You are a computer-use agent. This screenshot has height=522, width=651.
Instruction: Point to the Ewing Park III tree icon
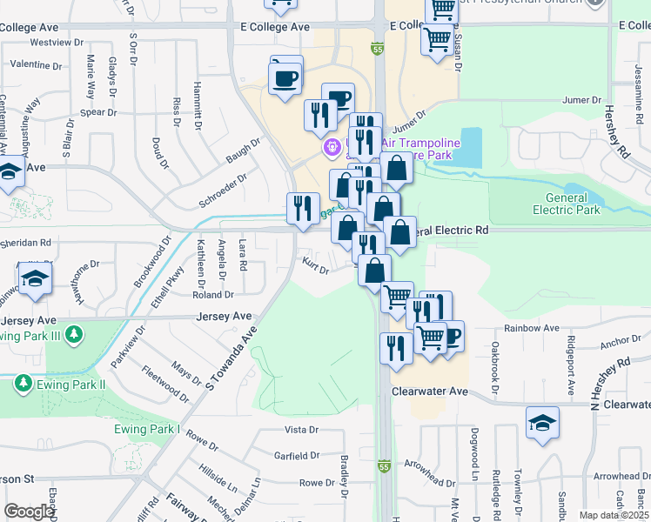[x=75, y=334]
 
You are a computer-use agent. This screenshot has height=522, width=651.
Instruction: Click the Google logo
[x=29, y=512]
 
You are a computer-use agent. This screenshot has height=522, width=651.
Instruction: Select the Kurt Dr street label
[x=314, y=264]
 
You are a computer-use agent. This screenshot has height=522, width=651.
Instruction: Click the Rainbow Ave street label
[x=532, y=328]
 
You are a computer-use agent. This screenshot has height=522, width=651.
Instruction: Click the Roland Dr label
[x=211, y=294]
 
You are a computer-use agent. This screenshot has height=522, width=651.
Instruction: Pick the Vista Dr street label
[x=302, y=430]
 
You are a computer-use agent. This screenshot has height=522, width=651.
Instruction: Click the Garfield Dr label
[x=298, y=456]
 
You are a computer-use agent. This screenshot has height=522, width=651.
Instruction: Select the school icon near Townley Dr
[x=542, y=423]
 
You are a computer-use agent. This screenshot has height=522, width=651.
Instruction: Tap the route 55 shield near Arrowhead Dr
[x=384, y=467]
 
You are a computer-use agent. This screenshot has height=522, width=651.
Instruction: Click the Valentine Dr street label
[x=36, y=65]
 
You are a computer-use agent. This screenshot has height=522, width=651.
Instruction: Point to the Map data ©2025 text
[x=614, y=515]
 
